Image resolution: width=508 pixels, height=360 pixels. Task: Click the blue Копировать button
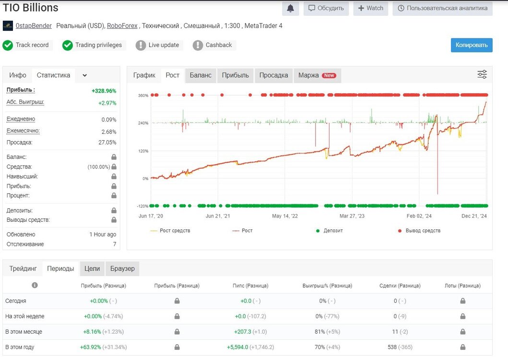pyautogui.click(x=472, y=45)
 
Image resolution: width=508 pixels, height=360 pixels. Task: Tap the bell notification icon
pyautogui.click(x=290, y=9)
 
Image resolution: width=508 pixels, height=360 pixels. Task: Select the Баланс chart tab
pyautogui.click(x=201, y=75)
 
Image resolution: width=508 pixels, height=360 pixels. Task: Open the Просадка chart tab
pyautogui.click(x=273, y=75)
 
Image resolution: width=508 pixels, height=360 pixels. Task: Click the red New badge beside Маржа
pyautogui.click(x=329, y=75)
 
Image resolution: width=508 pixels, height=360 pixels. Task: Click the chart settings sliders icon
pyautogui.click(x=482, y=74)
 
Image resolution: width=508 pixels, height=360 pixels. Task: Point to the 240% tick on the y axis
pyautogui.click(x=143, y=123)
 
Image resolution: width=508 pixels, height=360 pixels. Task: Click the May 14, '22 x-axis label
pyautogui.click(x=285, y=216)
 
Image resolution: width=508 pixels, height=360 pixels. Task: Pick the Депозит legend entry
pyautogui.click(x=330, y=230)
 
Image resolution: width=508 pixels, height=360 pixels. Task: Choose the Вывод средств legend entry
pyautogui.click(x=419, y=230)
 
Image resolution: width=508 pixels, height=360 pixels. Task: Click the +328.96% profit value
pyautogui.click(x=104, y=91)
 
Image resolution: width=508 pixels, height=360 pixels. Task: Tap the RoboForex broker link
pyautogui.click(x=122, y=25)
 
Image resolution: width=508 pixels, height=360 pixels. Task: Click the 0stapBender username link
pyautogui.click(x=34, y=25)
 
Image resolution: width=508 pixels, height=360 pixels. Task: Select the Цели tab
pyautogui.click(x=92, y=268)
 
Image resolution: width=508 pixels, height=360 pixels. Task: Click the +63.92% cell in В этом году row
pyautogui.click(x=90, y=347)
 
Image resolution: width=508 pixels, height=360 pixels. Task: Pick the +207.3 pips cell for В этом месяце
pyautogui.click(x=243, y=332)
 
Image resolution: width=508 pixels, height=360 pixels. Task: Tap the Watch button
pyautogui.click(x=371, y=9)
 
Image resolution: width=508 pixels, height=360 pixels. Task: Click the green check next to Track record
pyautogui.click(x=8, y=45)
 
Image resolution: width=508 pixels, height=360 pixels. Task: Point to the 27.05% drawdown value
pyautogui.click(x=107, y=143)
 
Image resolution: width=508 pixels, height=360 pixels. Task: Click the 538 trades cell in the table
pyautogui.click(x=392, y=347)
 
